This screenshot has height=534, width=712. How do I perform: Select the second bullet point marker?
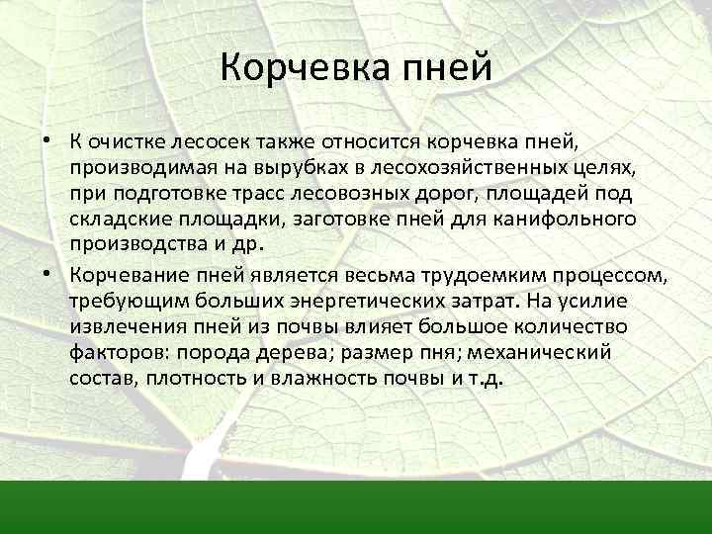tap(46, 272)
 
